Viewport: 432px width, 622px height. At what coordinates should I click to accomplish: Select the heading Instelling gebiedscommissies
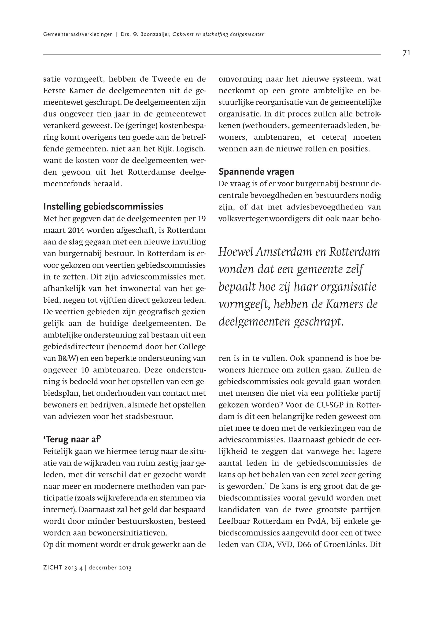(103, 206)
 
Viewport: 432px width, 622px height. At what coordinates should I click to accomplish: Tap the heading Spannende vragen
(256, 172)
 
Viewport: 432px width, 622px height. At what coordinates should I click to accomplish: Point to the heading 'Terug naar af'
(72, 440)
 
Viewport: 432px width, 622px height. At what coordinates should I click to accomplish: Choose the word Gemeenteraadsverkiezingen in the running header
(78, 34)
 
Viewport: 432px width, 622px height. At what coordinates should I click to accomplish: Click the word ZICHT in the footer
(52, 568)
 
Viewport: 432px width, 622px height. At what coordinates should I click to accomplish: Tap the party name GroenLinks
(343, 544)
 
